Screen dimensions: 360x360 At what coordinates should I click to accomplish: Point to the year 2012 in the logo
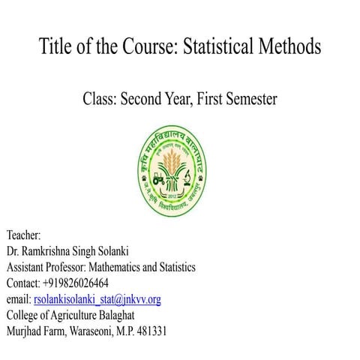(180, 192)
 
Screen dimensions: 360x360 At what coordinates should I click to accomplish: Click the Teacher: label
(25, 235)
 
